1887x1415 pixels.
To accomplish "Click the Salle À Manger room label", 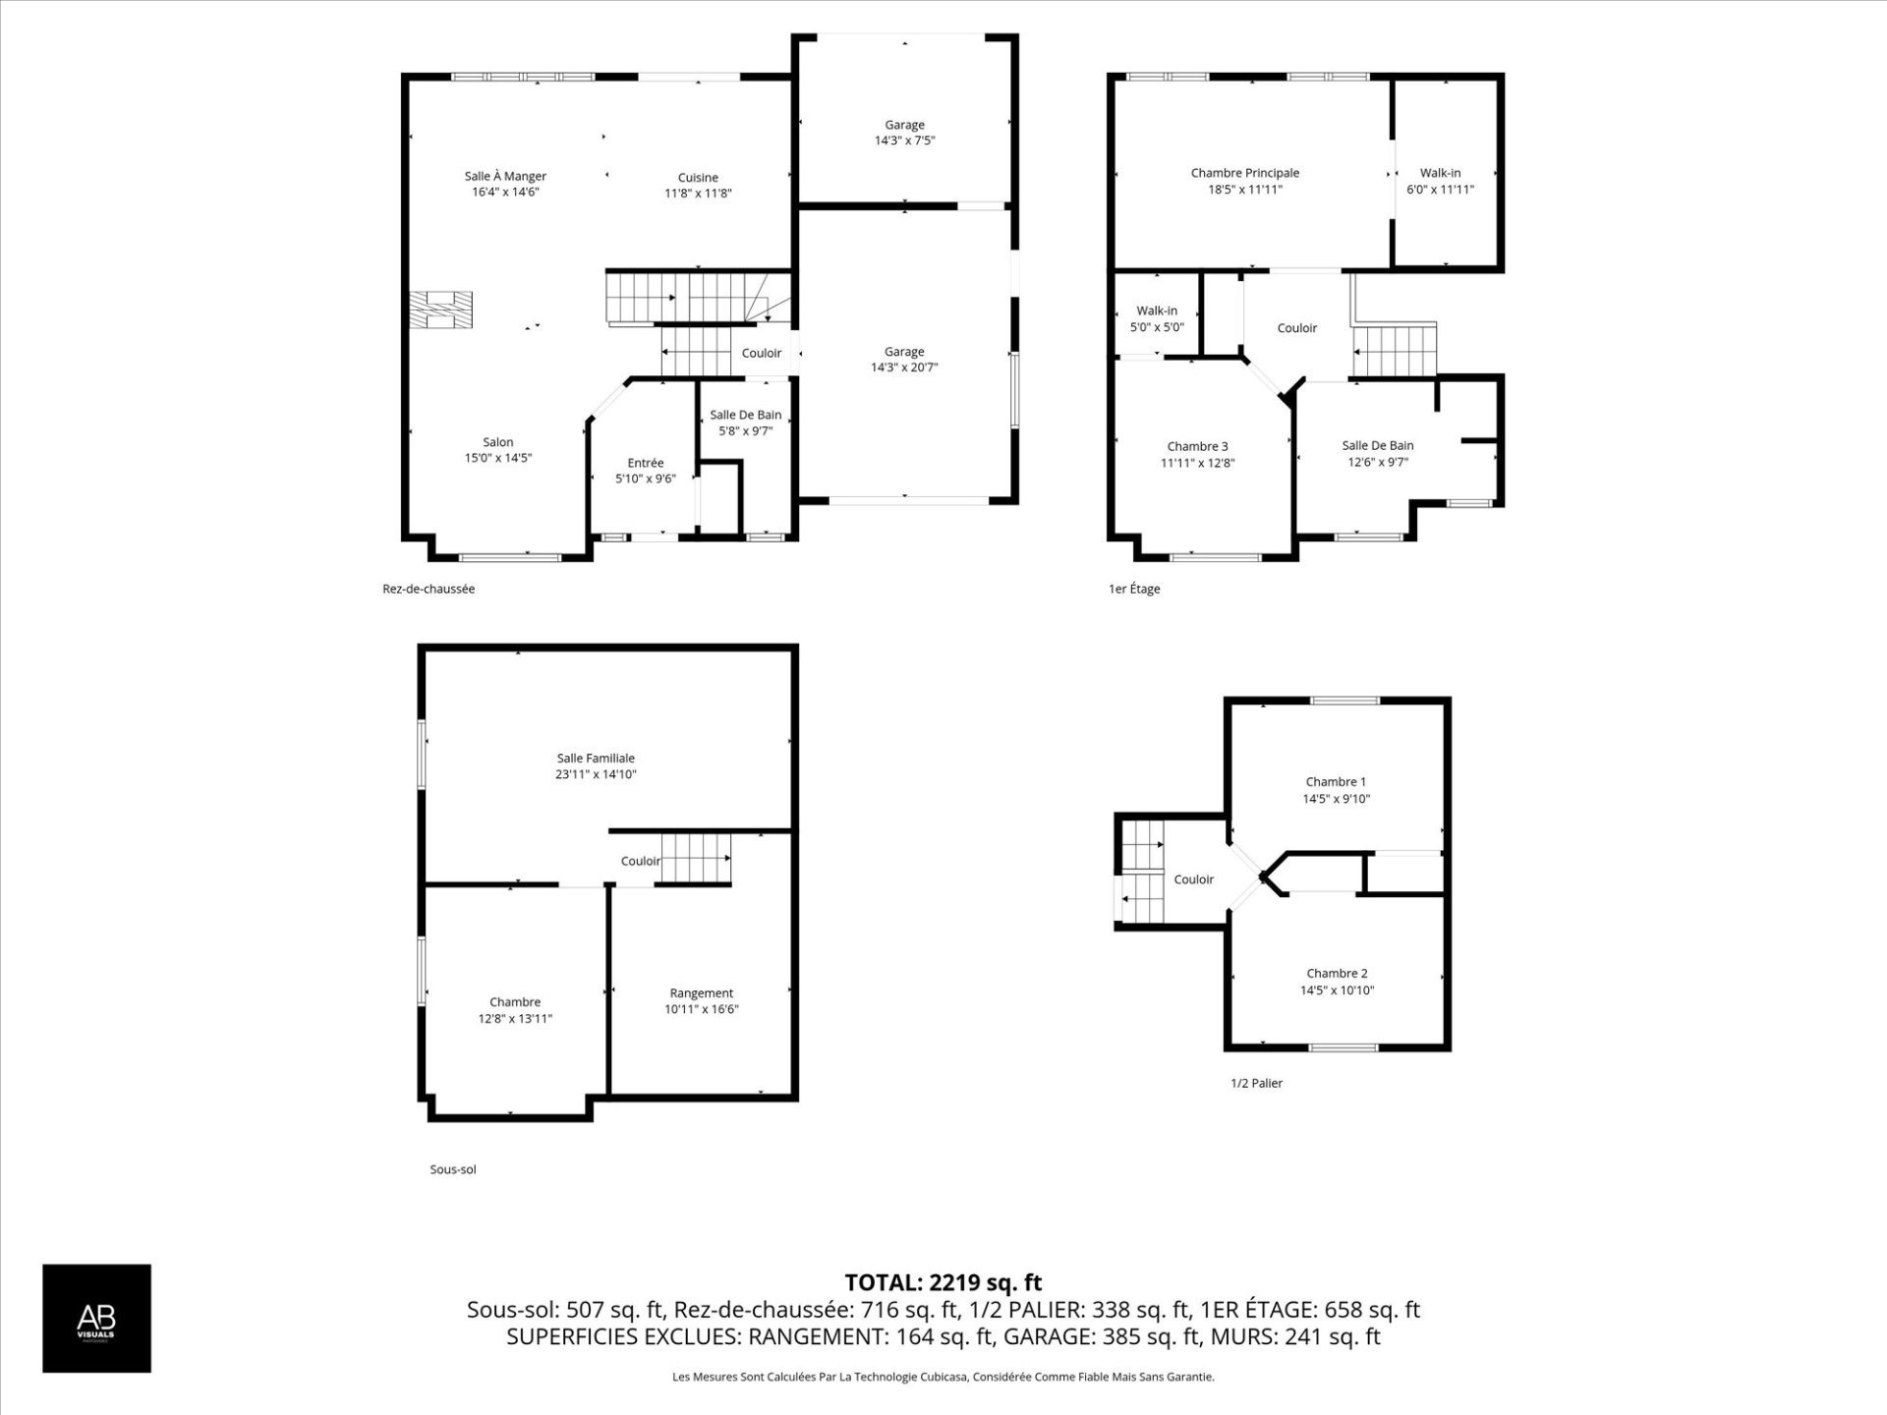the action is (505, 177).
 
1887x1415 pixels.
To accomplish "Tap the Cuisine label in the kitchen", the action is (698, 178).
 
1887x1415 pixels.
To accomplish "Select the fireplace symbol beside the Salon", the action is (440, 309).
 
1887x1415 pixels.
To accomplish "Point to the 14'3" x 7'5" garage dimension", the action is (904, 141).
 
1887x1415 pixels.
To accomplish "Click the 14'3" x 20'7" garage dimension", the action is (904, 368).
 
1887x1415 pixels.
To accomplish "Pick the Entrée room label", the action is (646, 463).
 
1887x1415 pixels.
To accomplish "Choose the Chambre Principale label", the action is (1245, 173).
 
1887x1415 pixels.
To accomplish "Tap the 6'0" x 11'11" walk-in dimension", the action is (1441, 190).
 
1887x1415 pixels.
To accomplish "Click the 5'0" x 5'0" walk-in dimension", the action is (1157, 327).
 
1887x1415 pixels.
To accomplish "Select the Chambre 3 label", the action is (1197, 446).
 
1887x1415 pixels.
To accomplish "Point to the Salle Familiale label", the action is (596, 759).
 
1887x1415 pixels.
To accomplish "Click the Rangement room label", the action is (702, 993).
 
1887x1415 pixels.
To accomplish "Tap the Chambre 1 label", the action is (1336, 782).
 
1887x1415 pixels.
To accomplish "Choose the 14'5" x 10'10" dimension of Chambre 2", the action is (1337, 990).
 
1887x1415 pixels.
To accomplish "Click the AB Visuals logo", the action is (96, 1318).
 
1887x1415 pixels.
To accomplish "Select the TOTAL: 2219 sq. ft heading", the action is (943, 1282).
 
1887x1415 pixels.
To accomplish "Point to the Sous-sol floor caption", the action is (453, 1169).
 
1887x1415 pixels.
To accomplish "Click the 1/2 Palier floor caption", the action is (1257, 1083).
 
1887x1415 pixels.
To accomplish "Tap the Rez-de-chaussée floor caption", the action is (429, 589).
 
